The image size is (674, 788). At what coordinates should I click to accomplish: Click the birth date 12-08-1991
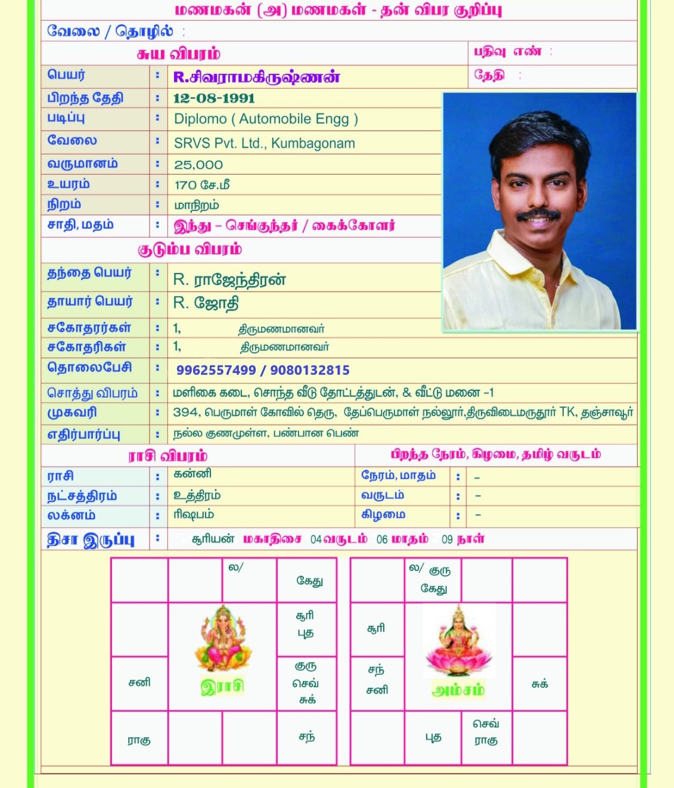(x=214, y=98)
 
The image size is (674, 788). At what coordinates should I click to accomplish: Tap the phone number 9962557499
(x=216, y=370)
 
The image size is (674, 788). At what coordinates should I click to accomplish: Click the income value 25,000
(x=198, y=165)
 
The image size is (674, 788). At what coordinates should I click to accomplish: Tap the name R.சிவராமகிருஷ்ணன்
(x=257, y=77)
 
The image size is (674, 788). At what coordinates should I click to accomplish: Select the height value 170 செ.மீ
(x=202, y=185)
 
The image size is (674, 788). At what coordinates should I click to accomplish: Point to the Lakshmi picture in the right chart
(x=458, y=641)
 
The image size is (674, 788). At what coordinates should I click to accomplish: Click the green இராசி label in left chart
(x=222, y=687)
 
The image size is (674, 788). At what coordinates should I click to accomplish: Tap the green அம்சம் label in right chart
(x=458, y=690)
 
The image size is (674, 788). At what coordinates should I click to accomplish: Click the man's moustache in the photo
(x=538, y=215)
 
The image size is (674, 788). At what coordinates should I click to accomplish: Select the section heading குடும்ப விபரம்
(x=190, y=249)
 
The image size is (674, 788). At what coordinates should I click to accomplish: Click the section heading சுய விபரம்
(x=178, y=54)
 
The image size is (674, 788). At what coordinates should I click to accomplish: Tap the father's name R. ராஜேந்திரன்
(x=229, y=280)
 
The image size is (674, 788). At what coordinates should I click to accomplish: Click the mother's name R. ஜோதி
(x=206, y=303)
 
